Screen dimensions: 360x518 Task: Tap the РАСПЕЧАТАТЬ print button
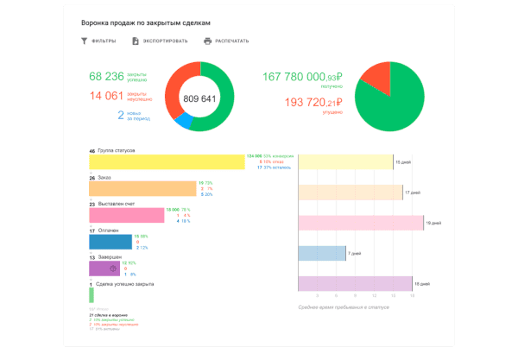click(x=226, y=41)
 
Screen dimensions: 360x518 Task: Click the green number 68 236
click(x=106, y=76)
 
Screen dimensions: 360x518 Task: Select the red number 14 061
click(x=106, y=95)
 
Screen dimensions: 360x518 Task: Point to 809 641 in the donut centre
click(x=200, y=98)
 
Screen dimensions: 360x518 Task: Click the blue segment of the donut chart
click(x=182, y=122)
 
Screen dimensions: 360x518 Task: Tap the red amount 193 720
click(x=312, y=103)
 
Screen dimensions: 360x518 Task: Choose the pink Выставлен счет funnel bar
click(x=126, y=215)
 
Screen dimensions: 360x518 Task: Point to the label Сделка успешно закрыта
click(x=124, y=284)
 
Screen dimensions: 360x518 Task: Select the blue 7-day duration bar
click(x=321, y=253)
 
